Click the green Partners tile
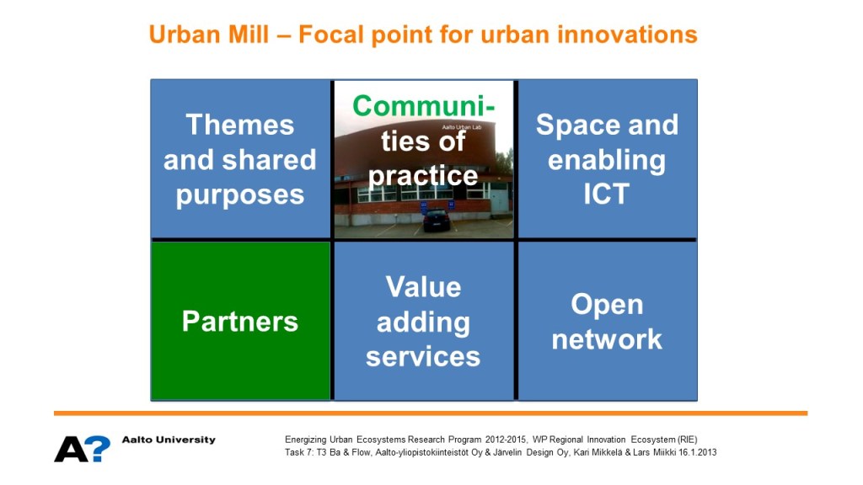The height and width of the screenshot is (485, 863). point(240,321)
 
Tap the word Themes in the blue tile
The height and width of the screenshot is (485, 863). point(240,125)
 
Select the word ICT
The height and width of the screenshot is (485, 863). point(607,195)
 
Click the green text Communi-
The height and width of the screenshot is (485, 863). point(423,105)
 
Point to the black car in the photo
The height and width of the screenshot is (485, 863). point(437,220)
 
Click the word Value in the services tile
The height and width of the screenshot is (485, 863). point(423,287)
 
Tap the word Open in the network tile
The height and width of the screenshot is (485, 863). point(607,305)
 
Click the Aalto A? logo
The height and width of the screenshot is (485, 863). point(82,449)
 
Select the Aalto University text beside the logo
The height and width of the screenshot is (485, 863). point(169,440)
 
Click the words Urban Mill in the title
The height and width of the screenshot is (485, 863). point(209,34)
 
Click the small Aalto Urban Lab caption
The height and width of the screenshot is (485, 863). point(461,127)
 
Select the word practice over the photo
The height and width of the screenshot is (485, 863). point(423,177)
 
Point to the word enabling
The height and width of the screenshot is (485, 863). point(607,161)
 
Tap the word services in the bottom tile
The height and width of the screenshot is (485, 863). point(423,357)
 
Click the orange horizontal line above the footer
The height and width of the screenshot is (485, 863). point(431,413)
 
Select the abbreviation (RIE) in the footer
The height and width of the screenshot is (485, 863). point(688,440)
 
